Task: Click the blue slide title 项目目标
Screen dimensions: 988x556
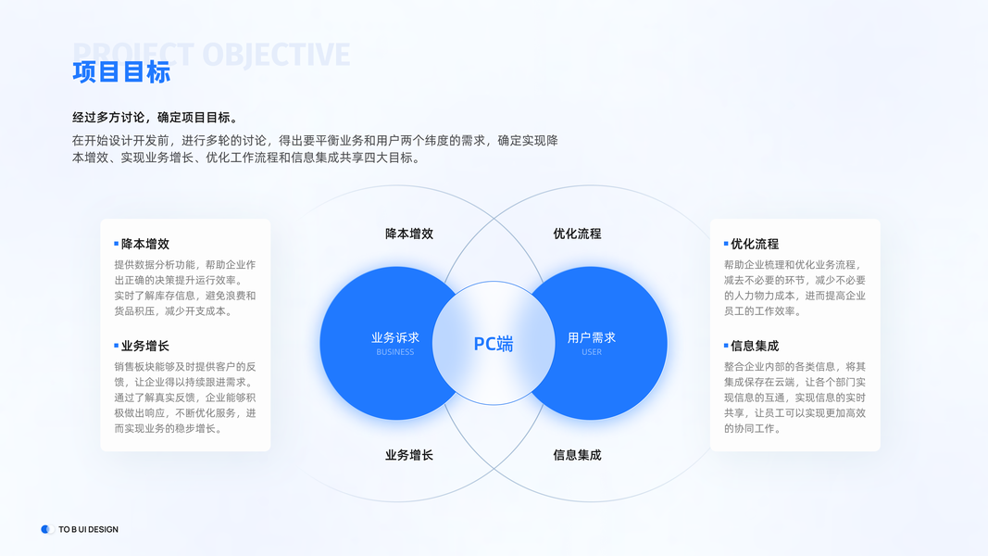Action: tap(121, 72)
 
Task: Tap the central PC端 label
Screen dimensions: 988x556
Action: tap(494, 344)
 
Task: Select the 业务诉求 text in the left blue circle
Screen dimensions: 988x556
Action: tap(395, 337)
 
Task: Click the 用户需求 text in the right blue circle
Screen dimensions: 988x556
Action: tap(592, 337)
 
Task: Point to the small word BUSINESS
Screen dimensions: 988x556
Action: tap(395, 352)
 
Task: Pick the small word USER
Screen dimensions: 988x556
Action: tap(592, 352)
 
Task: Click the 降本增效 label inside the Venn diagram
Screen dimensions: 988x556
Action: tap(409, 234)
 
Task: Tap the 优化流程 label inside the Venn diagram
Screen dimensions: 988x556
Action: tap(577, 234)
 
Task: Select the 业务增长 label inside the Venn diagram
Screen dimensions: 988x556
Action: tap(409, 455)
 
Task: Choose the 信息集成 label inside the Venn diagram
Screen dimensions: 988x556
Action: tap(577, 455)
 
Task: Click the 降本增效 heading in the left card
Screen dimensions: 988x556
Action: tap(145, 244)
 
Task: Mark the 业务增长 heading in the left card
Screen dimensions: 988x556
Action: tap(145, 346)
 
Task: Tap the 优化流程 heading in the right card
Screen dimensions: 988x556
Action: tap(755, 244)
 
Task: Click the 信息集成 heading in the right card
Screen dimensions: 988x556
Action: tap(755, 346)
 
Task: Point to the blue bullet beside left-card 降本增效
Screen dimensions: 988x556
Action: tap(117, 244)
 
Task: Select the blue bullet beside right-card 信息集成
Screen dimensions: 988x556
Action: tap(726, 346)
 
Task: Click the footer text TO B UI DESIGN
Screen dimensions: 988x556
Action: tap(88, 529)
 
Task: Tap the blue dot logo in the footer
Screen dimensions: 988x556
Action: tap(46, 529)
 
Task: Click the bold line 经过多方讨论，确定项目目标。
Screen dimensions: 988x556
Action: tap(156, 118)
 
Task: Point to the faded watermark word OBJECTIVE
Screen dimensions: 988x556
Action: tap(276, 55)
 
